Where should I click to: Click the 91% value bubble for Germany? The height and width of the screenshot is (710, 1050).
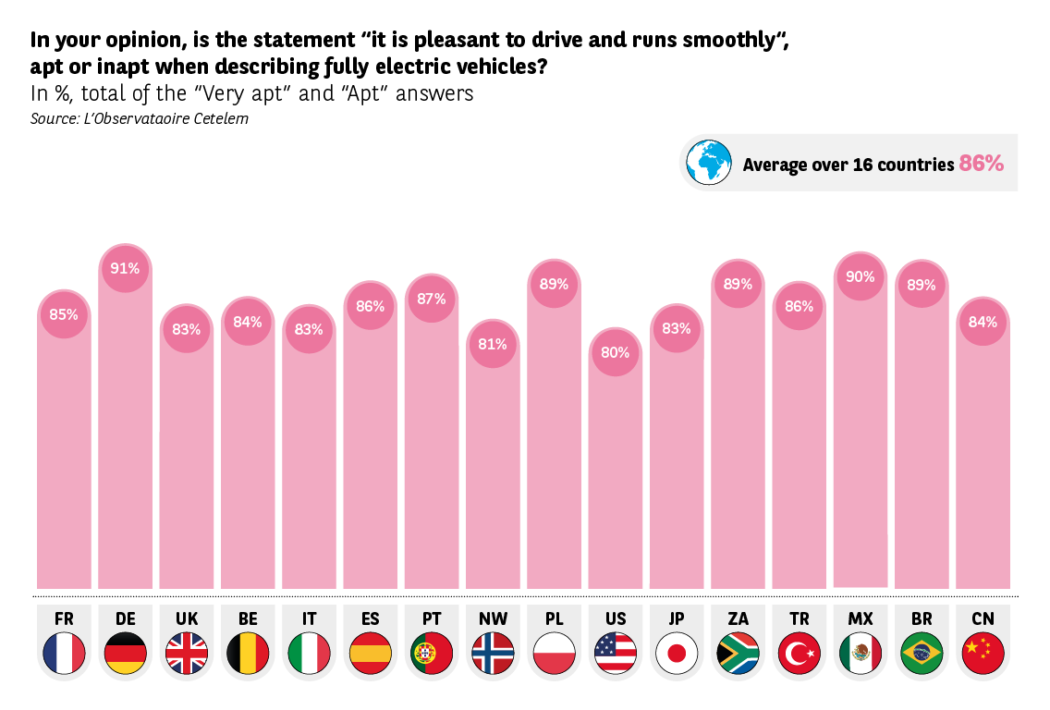click(125, 268)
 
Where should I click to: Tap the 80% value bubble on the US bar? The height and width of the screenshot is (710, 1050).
click(615, 352)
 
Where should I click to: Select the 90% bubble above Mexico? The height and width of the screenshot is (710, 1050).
click(860, 276)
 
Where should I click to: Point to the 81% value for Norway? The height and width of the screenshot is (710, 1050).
click(493, 344)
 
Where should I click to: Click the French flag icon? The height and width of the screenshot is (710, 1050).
click(64, 655)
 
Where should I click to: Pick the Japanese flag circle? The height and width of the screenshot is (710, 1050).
click(677, 655)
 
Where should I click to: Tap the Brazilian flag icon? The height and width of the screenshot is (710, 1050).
click(922, 655)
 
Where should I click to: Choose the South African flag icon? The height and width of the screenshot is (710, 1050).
click(738, 655)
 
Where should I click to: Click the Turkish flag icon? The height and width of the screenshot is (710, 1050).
click(799, 655)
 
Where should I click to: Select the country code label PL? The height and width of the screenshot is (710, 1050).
click(554, 618)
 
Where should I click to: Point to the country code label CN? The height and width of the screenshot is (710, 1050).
click(983, 618)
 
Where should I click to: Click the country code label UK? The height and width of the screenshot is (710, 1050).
click(186, 618)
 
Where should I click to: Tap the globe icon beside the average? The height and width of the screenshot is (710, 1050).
click(709, 163)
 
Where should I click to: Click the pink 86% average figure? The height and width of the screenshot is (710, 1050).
click(981, 164)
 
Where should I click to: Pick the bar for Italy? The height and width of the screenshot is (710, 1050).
click(309, 462)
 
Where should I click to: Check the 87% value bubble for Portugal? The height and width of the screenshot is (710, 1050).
click(432, 299)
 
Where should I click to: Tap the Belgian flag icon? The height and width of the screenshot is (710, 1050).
click(248, 655)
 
